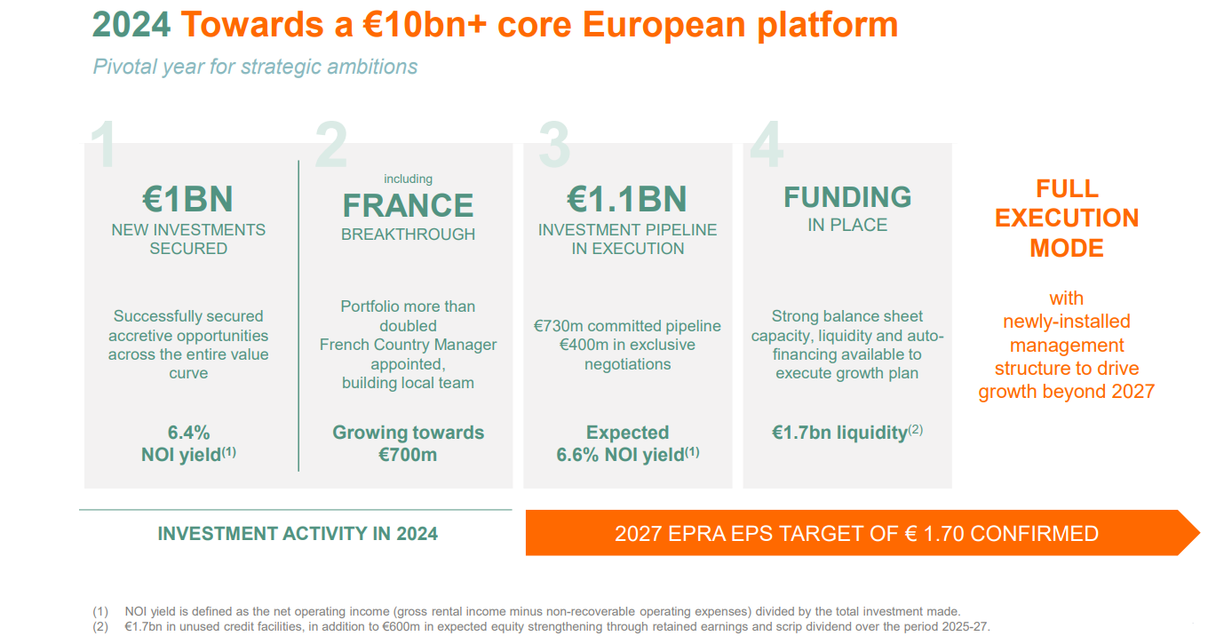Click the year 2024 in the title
click(x=131, y=25)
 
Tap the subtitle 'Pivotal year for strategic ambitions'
click(x=255, y=67)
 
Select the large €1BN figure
click(x=187, y=199)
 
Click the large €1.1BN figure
click(x=627, y=199)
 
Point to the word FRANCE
click(x=409, y=205)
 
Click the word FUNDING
click(x=847, y=197)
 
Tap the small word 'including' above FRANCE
click(x=409, y=179)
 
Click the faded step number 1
click(x=103, y=144)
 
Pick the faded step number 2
click(x=331, y=144)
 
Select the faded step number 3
click(x=554, y=144)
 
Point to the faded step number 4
click(x=767, y=144)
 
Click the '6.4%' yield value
click(x=188, y=433)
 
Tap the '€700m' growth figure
click(x=408, y=455)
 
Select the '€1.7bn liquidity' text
click(x=839, y=433)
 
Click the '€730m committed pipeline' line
click(x=627, y=326)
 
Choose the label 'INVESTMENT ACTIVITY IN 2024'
click(x=298, y=534)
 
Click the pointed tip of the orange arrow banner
click(x=1200, y=533)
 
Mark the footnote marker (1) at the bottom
click(x=100, y=612)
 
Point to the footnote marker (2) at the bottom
click(x=100, y=627)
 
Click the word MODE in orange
click(x=1067, y=249)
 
